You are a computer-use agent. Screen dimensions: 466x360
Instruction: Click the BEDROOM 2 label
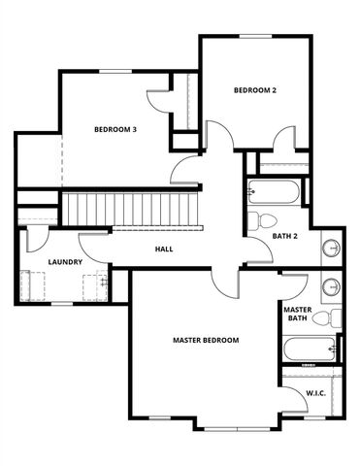pos(255,90)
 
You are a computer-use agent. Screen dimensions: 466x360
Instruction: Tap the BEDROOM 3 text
pos(115,129)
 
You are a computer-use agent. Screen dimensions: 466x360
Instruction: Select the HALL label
pos(164,250)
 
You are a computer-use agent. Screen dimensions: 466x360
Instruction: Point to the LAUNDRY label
pos(64,262)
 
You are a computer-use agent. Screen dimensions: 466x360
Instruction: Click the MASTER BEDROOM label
pos(206,340)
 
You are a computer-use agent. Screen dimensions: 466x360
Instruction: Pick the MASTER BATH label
pos(297,314)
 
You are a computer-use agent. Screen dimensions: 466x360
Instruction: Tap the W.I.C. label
pos(314,393)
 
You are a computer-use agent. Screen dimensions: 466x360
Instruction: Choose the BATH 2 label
pos(284,236)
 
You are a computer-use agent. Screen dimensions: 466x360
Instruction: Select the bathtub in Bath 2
pos(274,190)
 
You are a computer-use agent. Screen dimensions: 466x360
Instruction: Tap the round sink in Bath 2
pos(331,249)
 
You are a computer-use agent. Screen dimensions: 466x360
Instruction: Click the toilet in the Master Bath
pos(325,317)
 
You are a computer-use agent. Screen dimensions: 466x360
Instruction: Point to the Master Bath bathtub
pos(308,349)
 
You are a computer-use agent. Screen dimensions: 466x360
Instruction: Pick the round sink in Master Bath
pos(331,286)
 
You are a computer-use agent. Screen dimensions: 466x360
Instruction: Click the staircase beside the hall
pos(130,208)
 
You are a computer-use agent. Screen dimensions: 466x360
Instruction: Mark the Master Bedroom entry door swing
pos(224,284)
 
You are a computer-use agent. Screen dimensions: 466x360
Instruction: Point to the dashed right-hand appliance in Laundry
pos(94,288)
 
